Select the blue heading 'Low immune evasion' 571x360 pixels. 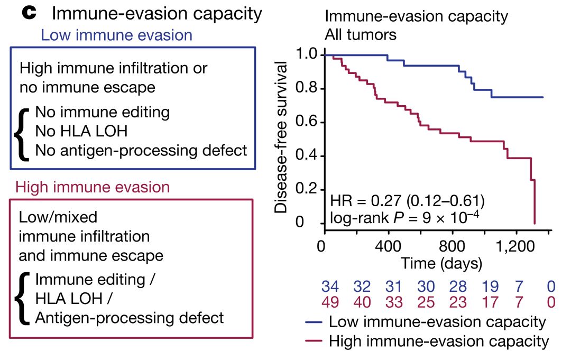click(116, 35)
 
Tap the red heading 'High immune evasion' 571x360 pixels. click(93, 187)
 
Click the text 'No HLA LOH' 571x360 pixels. click(81, 131)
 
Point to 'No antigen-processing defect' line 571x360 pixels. click(141, 150)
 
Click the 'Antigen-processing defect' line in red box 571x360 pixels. click(129, 318)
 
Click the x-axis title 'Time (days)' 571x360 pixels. click(441, 263)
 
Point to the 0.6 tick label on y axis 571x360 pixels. click(307, 123)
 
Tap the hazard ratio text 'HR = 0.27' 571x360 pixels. click(365, 201)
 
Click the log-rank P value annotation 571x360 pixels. click(404, 217)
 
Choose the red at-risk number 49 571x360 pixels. click(330, 302)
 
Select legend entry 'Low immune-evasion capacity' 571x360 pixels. click(437, 322)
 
